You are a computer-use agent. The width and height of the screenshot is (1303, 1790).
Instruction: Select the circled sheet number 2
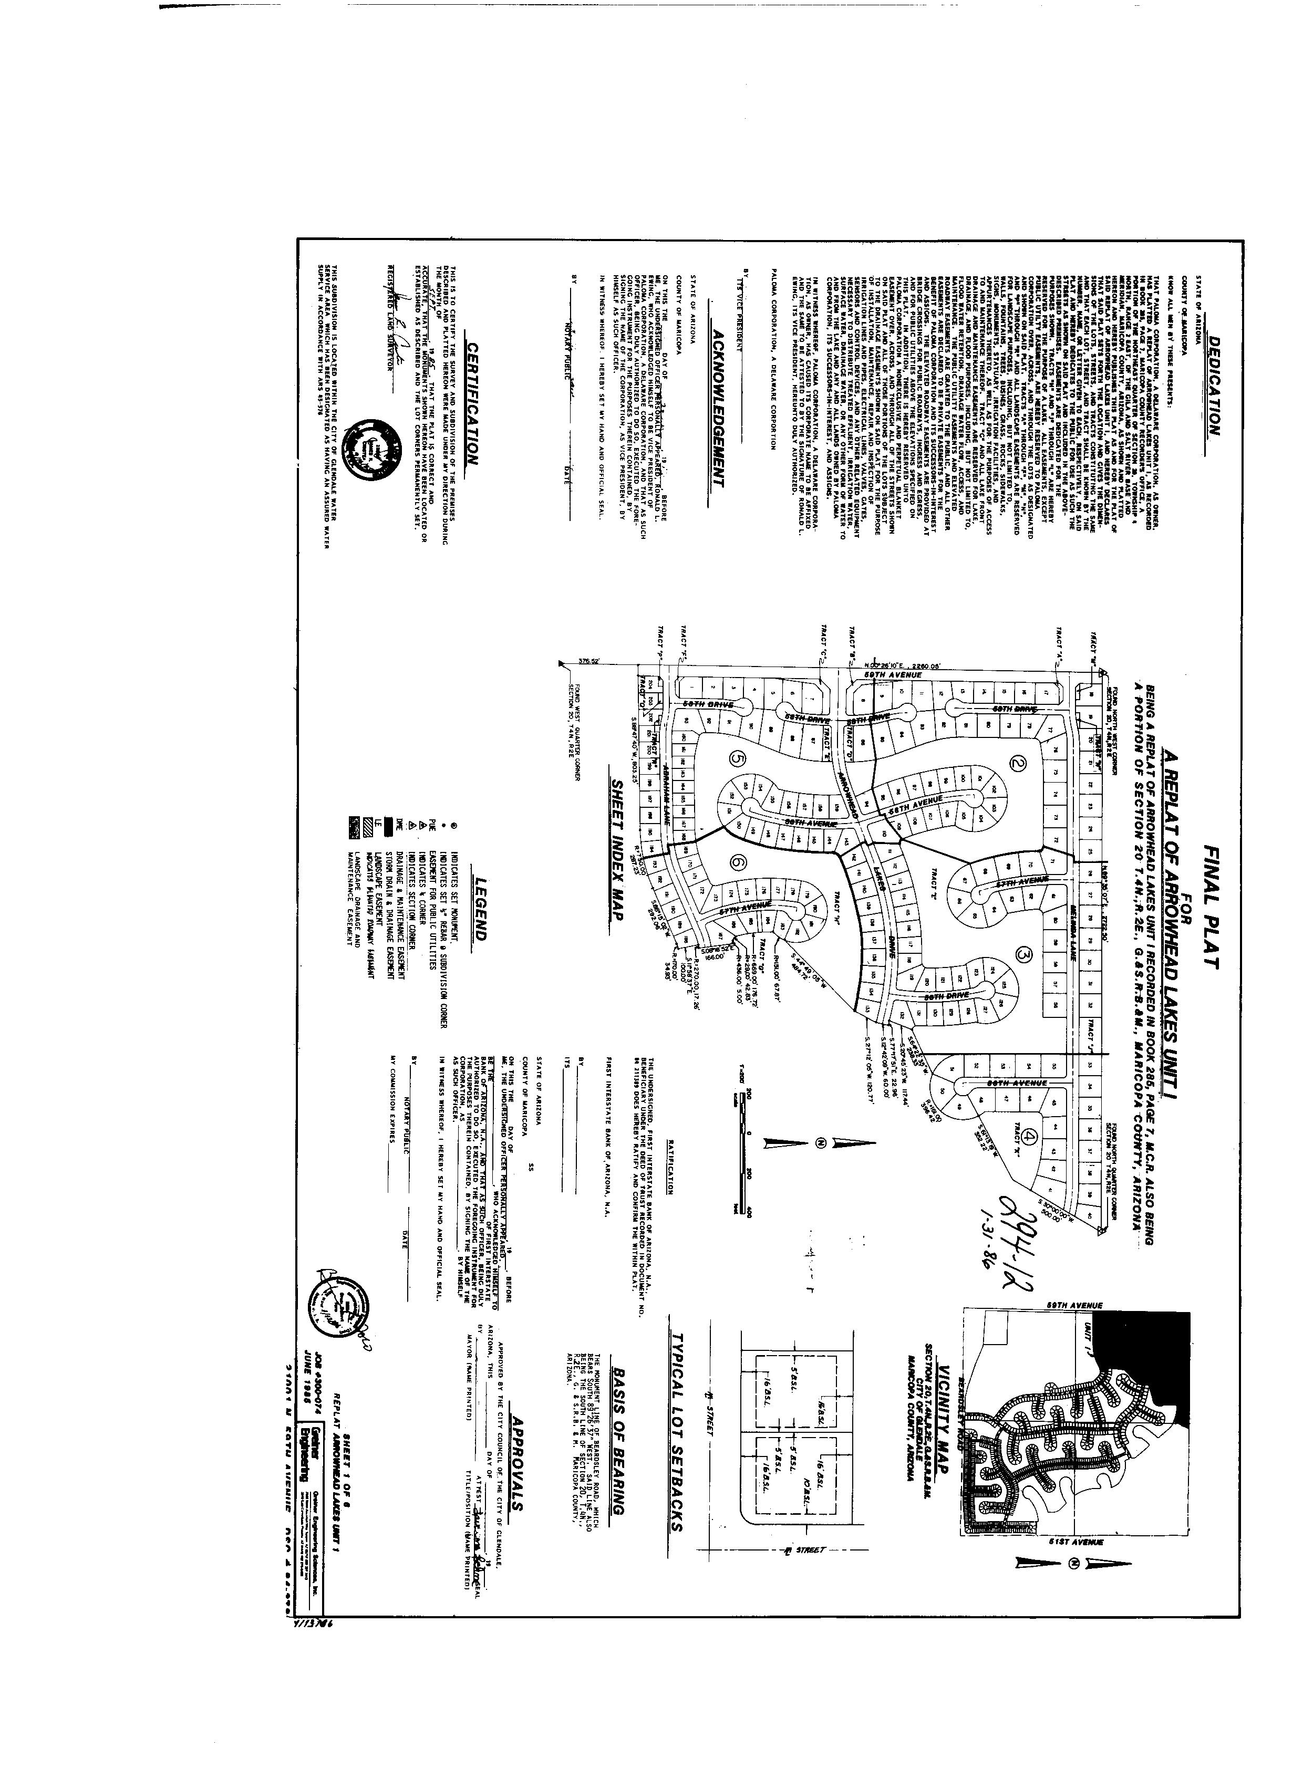point(1018,763)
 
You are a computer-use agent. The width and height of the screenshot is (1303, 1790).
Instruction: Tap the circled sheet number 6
point(738,863)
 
